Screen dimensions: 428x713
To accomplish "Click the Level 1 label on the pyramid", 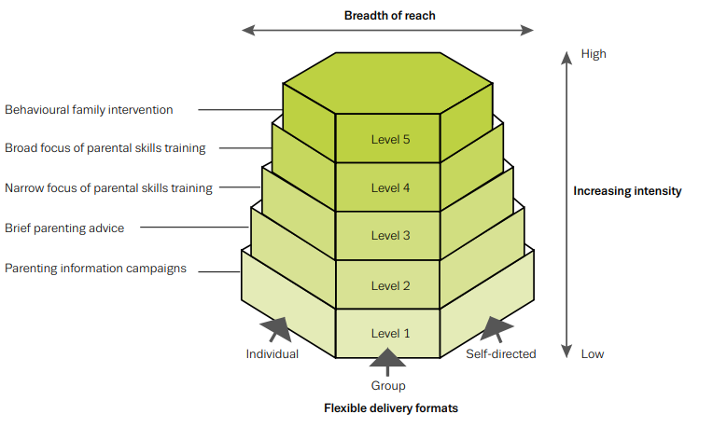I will [x=390, y=334].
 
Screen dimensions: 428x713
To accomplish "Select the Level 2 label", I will [x=390, y=286].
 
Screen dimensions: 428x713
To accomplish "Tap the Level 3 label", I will [x=390, y=236].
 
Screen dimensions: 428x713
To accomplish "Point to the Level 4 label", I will [x=390, y=188].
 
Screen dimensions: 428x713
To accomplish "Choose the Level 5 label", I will [x=390, y=140].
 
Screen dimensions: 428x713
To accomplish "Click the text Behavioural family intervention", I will [x=90, y=110].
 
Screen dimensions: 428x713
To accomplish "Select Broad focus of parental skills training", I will [x=105, y=147].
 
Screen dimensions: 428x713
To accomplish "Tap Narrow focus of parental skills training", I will [x=108, y=188].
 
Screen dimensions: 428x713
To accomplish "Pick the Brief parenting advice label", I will [x=64, y=228].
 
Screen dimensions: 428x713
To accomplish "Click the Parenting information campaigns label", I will [x=96, y=269].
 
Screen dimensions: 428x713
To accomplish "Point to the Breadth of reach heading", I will [x=389, y=15].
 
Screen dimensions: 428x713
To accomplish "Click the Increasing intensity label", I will [x=627, y=191].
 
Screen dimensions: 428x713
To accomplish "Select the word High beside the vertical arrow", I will [x=594, y=54].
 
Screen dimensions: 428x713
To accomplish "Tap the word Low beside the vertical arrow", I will [x=593, y=354].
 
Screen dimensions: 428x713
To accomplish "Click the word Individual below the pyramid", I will [x=273, y=354].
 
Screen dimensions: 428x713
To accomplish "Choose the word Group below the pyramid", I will [x=388, y=385].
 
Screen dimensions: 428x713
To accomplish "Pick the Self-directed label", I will [x=501, y=354].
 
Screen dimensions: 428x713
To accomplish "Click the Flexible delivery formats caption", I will [x=391, y=408].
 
